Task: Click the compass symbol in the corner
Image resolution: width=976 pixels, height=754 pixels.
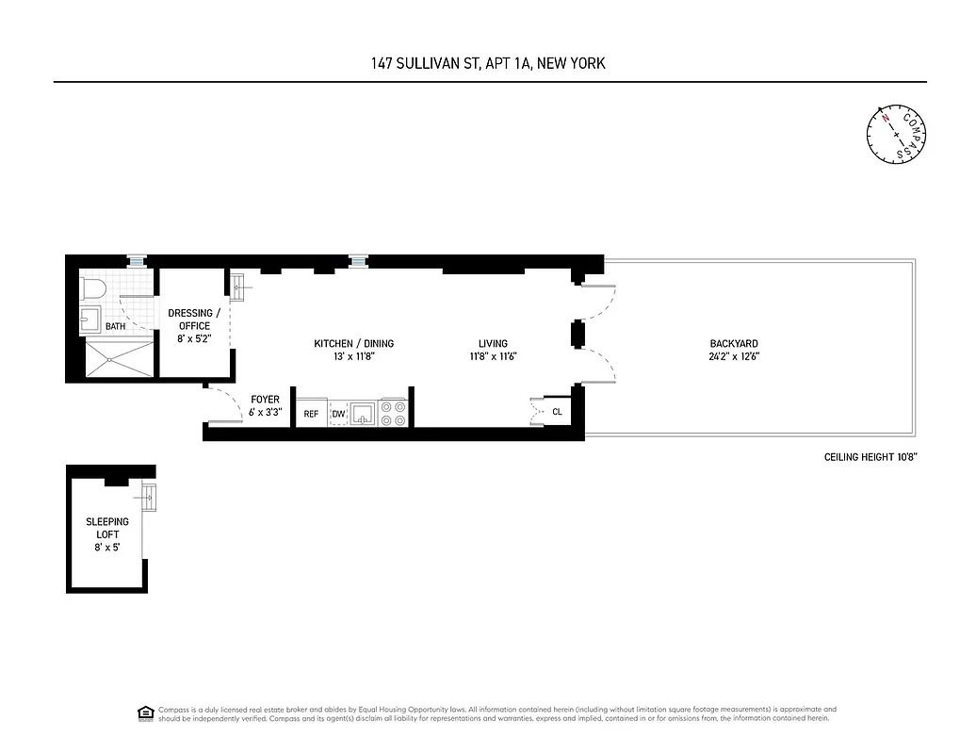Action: [x=896, y=135]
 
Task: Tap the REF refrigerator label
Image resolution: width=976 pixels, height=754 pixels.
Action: [x=311, y=414]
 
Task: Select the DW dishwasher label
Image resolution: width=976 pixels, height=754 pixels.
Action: [x=338, y=414]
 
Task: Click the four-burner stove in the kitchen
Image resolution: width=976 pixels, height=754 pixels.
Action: [x=394, y=413]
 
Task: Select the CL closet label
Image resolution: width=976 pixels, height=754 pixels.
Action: [x=557, y=412]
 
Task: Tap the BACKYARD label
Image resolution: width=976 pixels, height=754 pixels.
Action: [x=735, y=344]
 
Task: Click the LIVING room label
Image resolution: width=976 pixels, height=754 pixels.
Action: [x=493, y=344]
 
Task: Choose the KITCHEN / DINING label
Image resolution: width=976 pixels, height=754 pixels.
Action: [x=353, y=344]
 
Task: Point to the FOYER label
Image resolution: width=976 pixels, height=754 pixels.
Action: [x=265, y=400]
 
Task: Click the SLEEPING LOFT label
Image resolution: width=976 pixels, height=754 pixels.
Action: [x=106, y=528]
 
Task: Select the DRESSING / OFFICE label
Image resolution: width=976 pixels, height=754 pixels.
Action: [x=194, y=320]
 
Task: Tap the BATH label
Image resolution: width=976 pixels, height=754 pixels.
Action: [x=115, y=327]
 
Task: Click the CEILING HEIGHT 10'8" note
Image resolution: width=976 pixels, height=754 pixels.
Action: [x=870, y=458]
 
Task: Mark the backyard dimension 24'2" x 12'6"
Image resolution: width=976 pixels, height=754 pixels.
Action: [x=735, y=357]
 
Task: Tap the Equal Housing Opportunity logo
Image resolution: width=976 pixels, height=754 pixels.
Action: [x=146, y=713]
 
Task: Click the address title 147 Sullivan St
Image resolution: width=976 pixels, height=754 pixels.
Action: [x=487, y=64]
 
